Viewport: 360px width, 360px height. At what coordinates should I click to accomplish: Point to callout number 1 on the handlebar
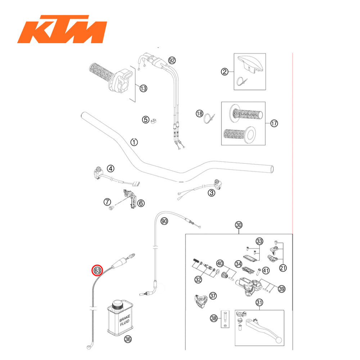[x=134, y=142]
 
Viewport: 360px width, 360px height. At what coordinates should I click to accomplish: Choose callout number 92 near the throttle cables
[x=171, y=60]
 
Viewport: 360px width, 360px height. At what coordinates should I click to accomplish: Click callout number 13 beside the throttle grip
[x=143, y=88]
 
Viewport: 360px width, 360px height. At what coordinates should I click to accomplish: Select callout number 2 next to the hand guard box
[x=225, y=72]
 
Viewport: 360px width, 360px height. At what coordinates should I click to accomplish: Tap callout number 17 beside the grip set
[x=274, y=123]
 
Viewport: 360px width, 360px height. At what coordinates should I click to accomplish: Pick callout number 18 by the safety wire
[x=199, y=113]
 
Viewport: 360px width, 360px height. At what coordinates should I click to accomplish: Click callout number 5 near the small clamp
[x=145, y=120]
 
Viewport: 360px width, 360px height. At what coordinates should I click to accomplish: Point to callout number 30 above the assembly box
[x=239, y=225]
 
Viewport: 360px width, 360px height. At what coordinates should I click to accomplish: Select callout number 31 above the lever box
[x=259, y=302]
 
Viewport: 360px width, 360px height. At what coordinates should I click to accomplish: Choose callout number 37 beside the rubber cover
[x=213, y=296]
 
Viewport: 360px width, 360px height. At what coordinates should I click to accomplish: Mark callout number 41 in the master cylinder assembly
[x=266, y=270]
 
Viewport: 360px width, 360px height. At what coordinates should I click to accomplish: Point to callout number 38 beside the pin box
[x=214, y=318]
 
